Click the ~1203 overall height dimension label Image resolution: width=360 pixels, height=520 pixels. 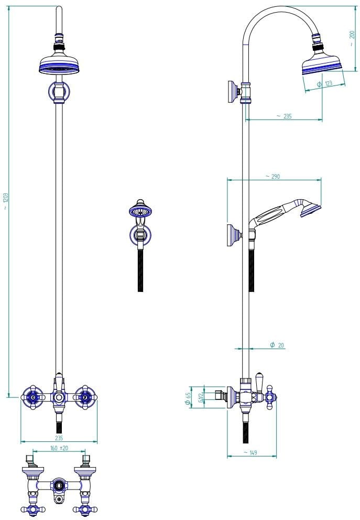(x=6, y=201)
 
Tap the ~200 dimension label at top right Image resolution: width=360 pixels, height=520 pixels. (x=352, y=38)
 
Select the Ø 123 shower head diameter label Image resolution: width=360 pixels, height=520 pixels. (x=324, y=83)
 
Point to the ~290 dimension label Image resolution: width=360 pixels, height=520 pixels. (x=273, y=177)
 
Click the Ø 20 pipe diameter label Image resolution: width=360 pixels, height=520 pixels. (x=277, y=345)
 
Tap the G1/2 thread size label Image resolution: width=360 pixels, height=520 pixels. (x=201, y=398)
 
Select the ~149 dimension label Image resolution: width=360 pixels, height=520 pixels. (x=250, y=452)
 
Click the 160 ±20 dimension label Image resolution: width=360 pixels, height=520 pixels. (x=59, y=448)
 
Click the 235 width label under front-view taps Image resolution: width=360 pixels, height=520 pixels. (x=59, y=438)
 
